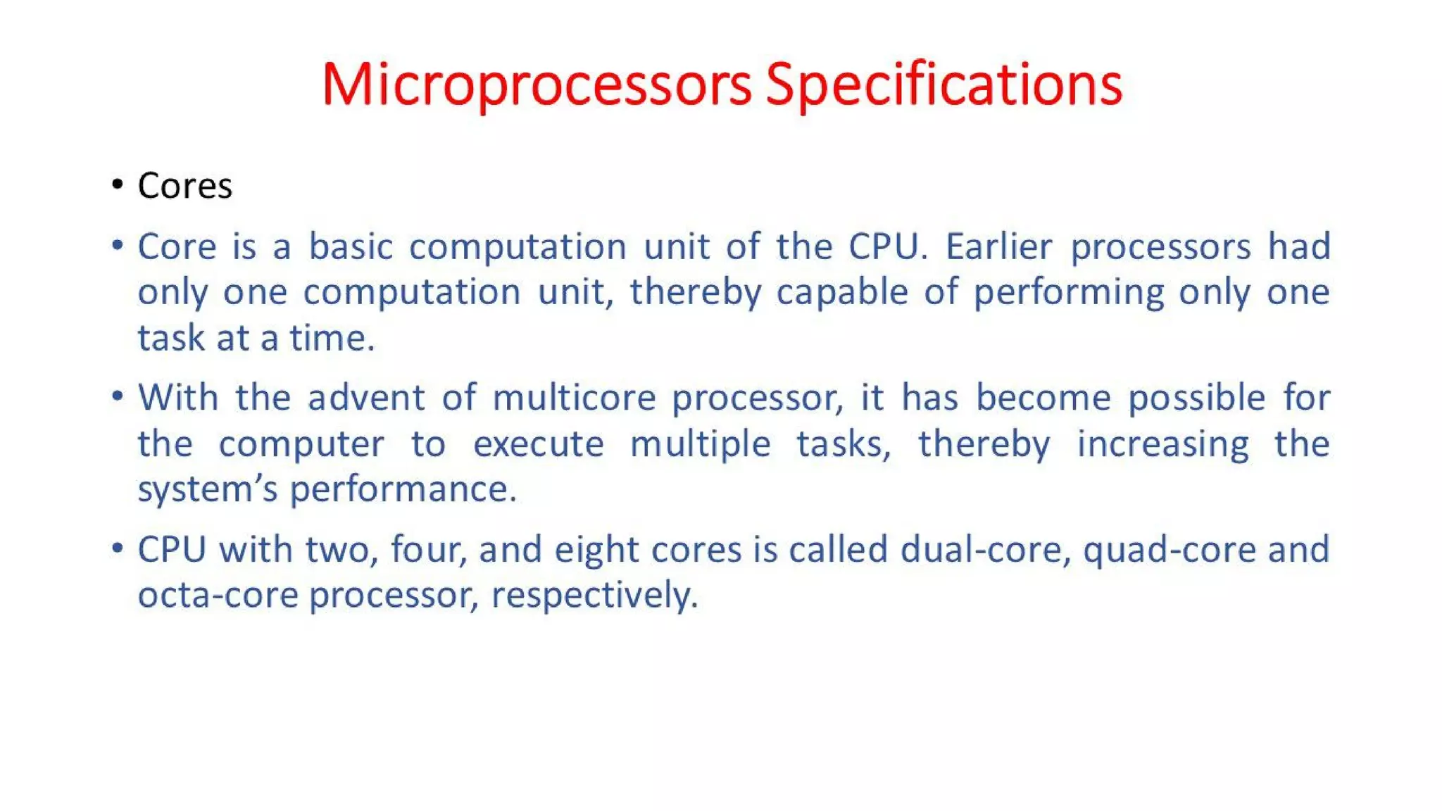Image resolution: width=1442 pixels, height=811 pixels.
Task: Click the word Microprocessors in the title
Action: tap(537, 86)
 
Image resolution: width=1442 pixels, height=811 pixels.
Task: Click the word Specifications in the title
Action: tap(943, 86)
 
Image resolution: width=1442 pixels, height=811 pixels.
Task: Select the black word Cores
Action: tap(184, 187)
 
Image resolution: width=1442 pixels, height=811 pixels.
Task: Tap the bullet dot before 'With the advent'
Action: tap(118, 396)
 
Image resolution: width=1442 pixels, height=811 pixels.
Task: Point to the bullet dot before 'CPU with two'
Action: tap(118, 547)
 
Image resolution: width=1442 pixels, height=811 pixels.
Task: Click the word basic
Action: tap(351, 247)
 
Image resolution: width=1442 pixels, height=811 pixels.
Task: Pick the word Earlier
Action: tap(998, 247)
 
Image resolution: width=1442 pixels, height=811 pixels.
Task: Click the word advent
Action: tap(366, 398)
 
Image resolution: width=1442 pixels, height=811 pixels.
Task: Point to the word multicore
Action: tap(574, 398)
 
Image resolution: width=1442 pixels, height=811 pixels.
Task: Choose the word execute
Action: tap(538, 444)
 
